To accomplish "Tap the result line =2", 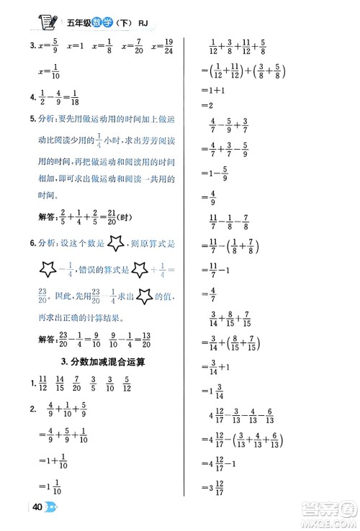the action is point(205,107).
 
